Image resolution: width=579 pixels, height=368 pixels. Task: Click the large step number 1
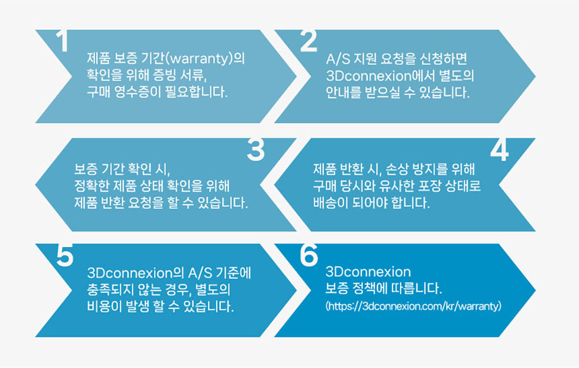tap(63, 41)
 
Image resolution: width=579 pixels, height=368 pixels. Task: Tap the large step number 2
tap(309, 41)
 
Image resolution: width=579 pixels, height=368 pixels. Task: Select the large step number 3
tap(255, 149)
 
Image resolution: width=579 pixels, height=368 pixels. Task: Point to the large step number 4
tap(499, 150)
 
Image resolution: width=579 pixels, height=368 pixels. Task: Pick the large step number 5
tap(65, 255)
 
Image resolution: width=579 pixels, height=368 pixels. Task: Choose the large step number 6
tap(309, 255)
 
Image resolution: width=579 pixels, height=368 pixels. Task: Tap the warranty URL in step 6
tap(413, 306)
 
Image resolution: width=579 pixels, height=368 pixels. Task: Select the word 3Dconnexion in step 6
tap(368, 272)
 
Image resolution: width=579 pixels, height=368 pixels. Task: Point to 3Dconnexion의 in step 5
tap(135, 273)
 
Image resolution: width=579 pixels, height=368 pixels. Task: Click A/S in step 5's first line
tap(200, 273)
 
